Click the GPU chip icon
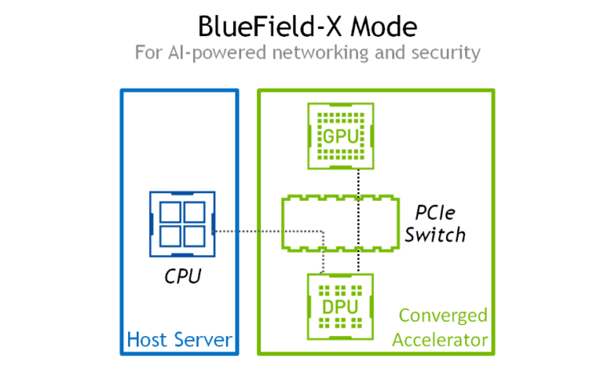[x=340, y=136]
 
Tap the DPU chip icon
[x=340, y=307]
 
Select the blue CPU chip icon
[x=183, y=224]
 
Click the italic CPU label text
[x=183, y=276]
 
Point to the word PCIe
[x=435, y=213]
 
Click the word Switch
[x=435, y=235]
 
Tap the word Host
[x=147, y=339]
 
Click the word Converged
[x=443, y=316]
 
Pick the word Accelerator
[x=440, y=340]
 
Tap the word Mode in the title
[x=384, y=26]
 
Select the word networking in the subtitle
[x=320, y=53]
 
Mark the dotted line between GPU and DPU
[x=359, y=221]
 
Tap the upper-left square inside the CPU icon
[x=171, y=212]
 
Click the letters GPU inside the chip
[x=340, y=136]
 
